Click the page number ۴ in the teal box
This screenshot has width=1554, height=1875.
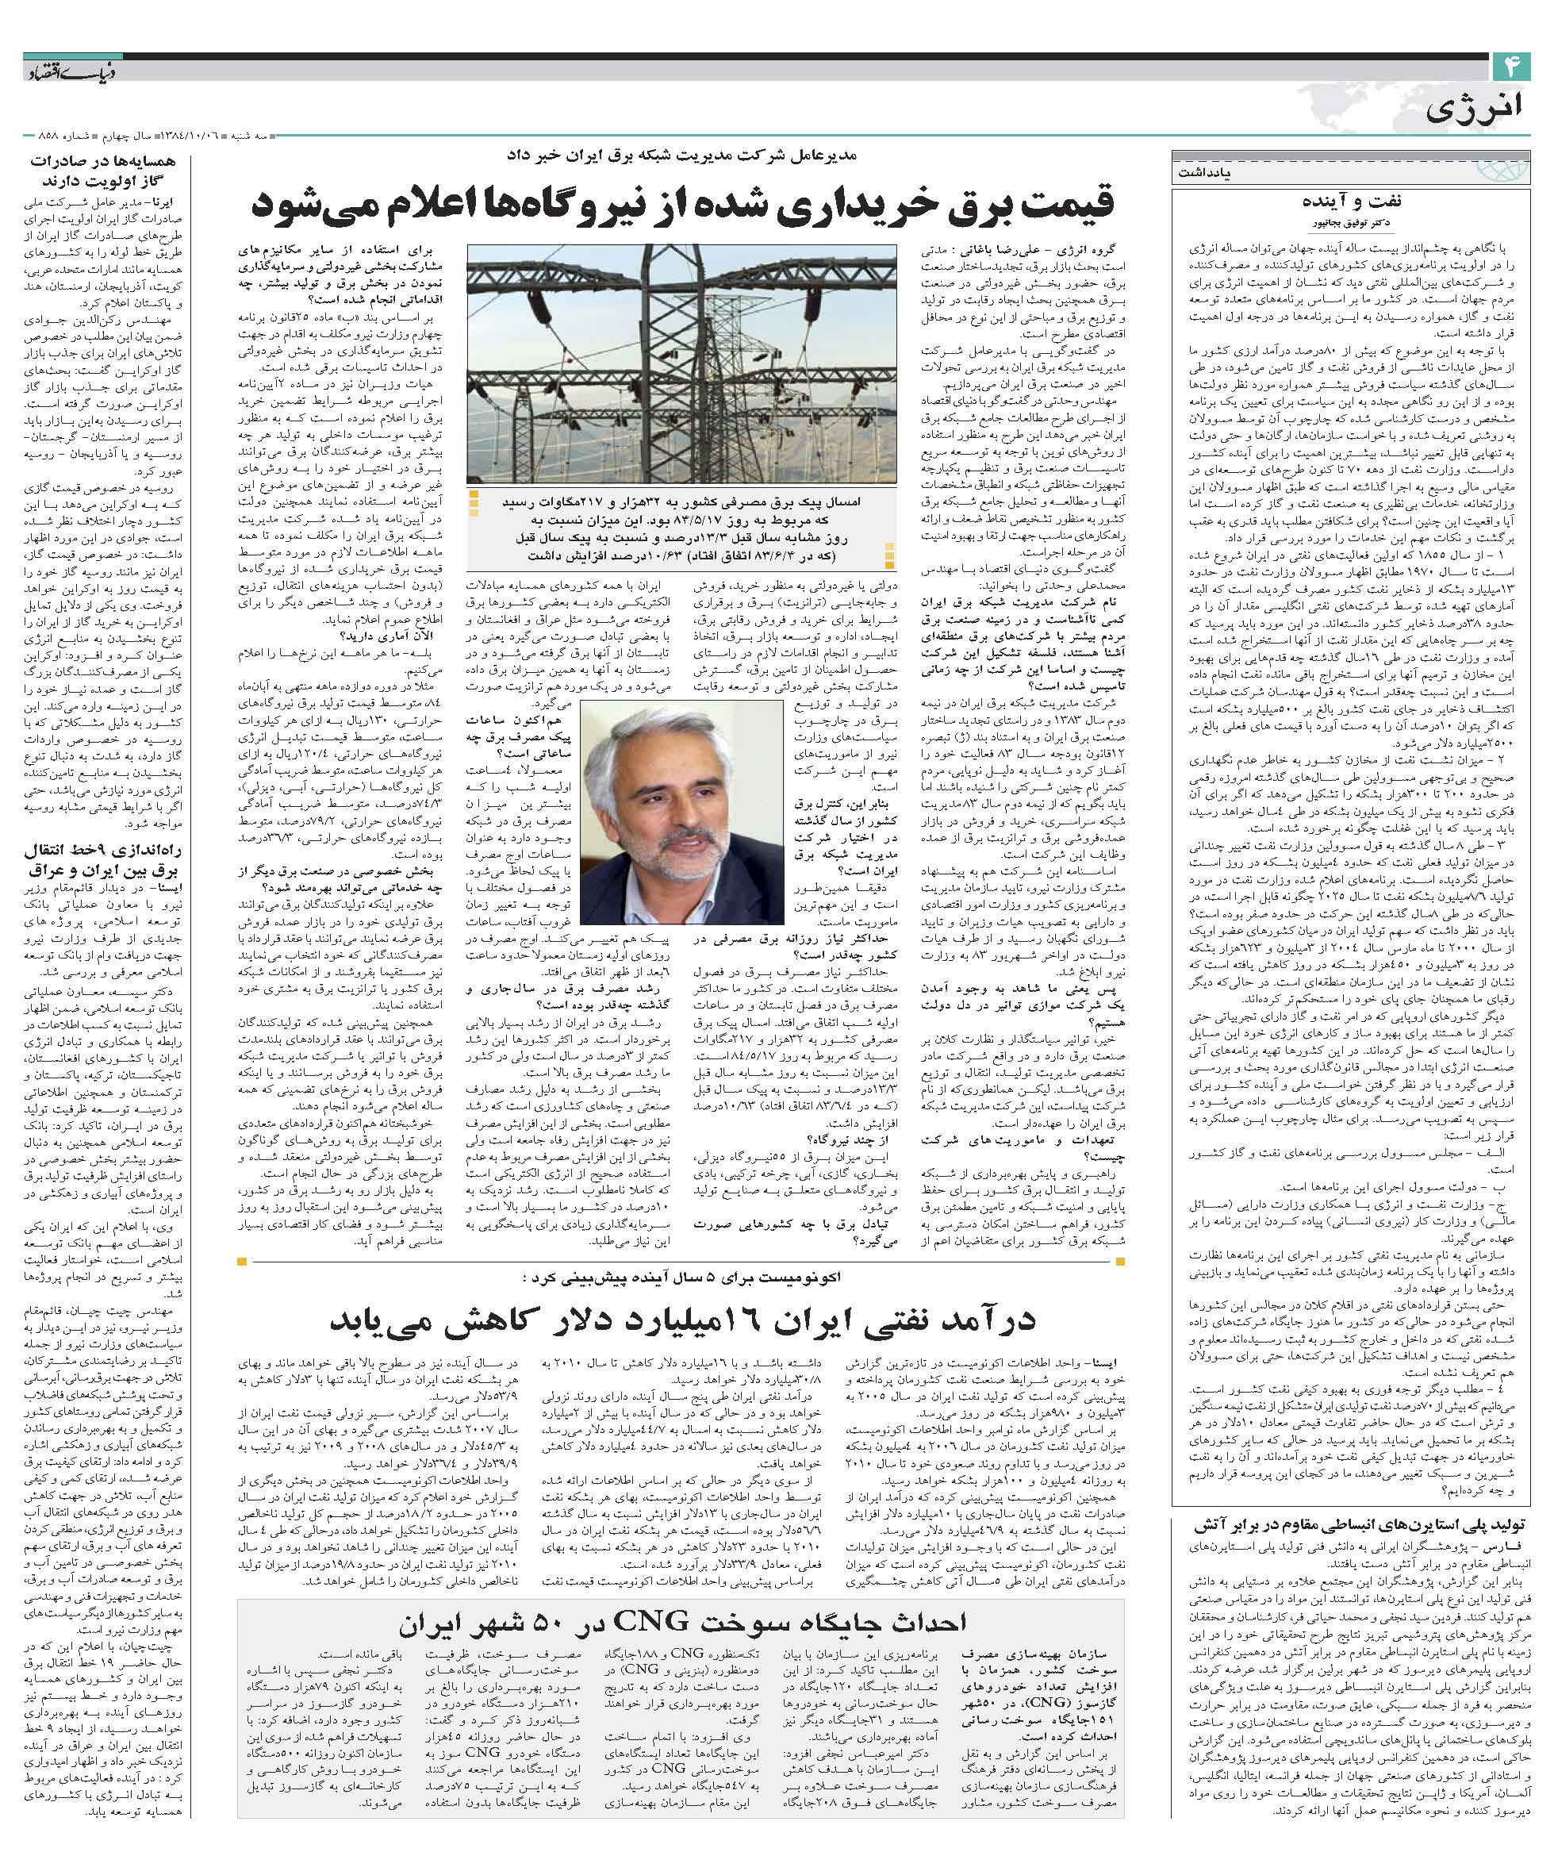tap(1512, 67)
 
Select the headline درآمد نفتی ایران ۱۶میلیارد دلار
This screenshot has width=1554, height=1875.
tap(683, 1320)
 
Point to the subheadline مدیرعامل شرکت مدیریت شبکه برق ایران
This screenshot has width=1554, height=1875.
tap(682, 154)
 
